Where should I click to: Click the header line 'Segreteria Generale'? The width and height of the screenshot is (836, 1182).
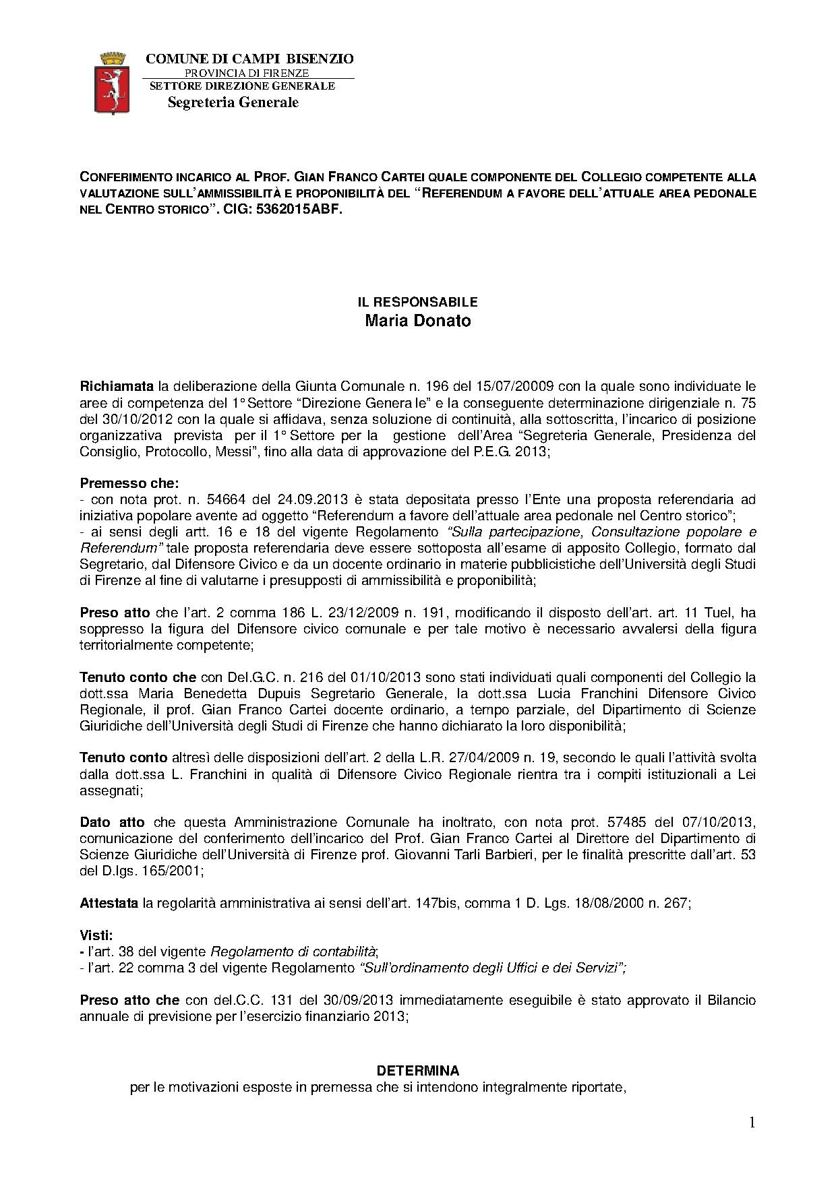[233, 102]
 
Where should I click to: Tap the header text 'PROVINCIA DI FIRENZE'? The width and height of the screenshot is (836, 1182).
[247, 73]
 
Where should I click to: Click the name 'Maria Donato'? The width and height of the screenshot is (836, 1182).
[417, 321]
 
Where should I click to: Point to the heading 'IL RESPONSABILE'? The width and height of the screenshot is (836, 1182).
[417, 302]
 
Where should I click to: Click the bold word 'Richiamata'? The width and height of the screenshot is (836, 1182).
[117, 387]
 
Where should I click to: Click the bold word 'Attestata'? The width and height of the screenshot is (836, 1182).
[109, 903]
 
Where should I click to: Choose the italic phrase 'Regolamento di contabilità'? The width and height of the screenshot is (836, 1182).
[293, 952]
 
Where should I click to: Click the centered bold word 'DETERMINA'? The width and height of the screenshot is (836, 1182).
[417, 1070]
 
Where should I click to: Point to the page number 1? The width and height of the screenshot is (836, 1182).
[752, 1122]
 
